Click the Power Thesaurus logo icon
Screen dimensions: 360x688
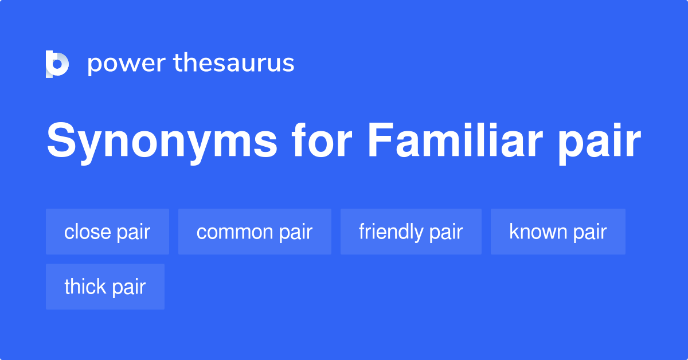(57, 64)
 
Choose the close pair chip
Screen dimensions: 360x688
(107, 232)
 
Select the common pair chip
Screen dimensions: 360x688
(255, 232)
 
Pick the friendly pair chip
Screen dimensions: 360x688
(411, 232)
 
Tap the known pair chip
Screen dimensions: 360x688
(558, 232)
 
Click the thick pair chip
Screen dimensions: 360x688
(105, 287)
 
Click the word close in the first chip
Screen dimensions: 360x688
(88, 232)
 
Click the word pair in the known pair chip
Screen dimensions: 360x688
(589, 232)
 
